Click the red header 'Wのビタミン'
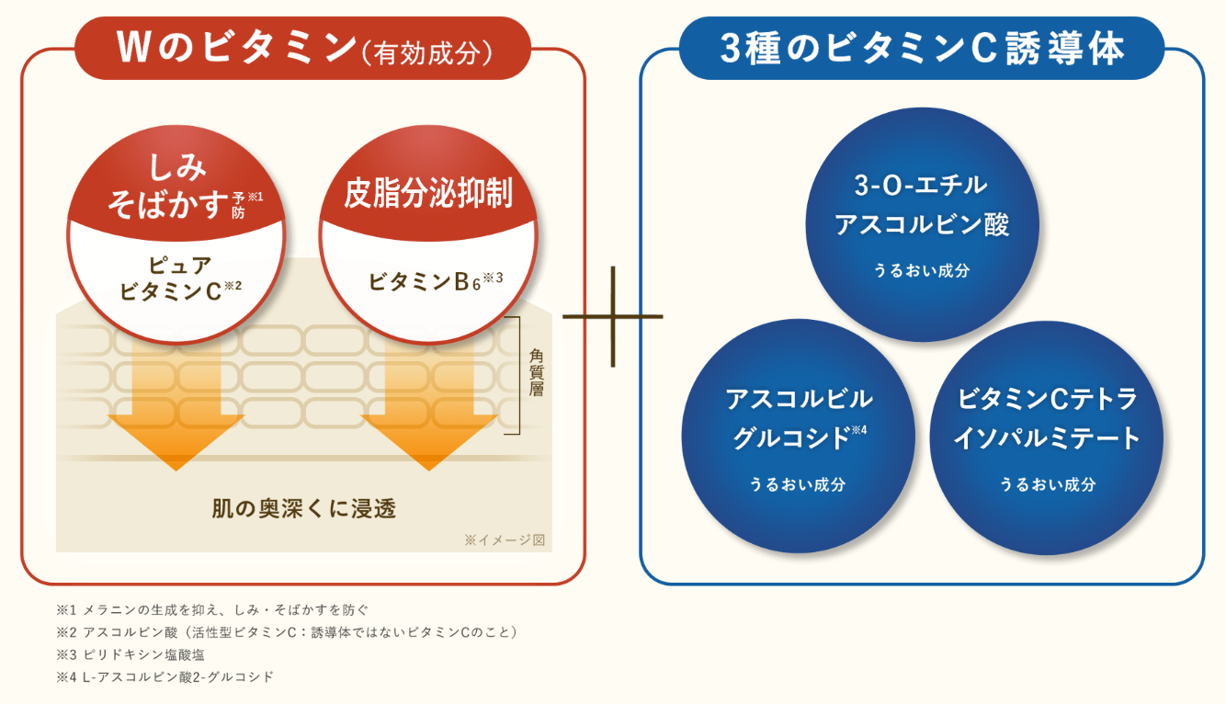click(x=303, y=49)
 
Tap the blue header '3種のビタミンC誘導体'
click(x=922, y=49)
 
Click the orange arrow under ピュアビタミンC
click(x=176, y=413)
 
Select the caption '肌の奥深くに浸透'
click(x=303, y=507)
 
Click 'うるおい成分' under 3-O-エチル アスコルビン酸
click(x=922, y=271)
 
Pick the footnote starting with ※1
click(x=212, y=609)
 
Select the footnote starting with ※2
click(x=288, y=632)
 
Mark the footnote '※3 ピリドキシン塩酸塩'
click(x=131, y=654)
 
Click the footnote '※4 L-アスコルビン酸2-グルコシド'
click(x=165, y=677)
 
